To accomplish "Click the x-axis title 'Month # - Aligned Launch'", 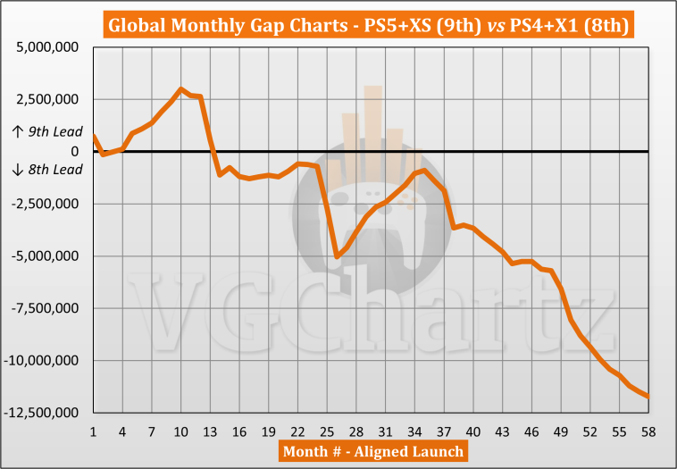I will coord(372,451).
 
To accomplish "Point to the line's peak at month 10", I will coord(181,89).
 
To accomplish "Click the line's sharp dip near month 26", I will coord(337,256).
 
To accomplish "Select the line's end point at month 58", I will coord(648,396).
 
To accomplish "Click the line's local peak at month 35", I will coord(424,170).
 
